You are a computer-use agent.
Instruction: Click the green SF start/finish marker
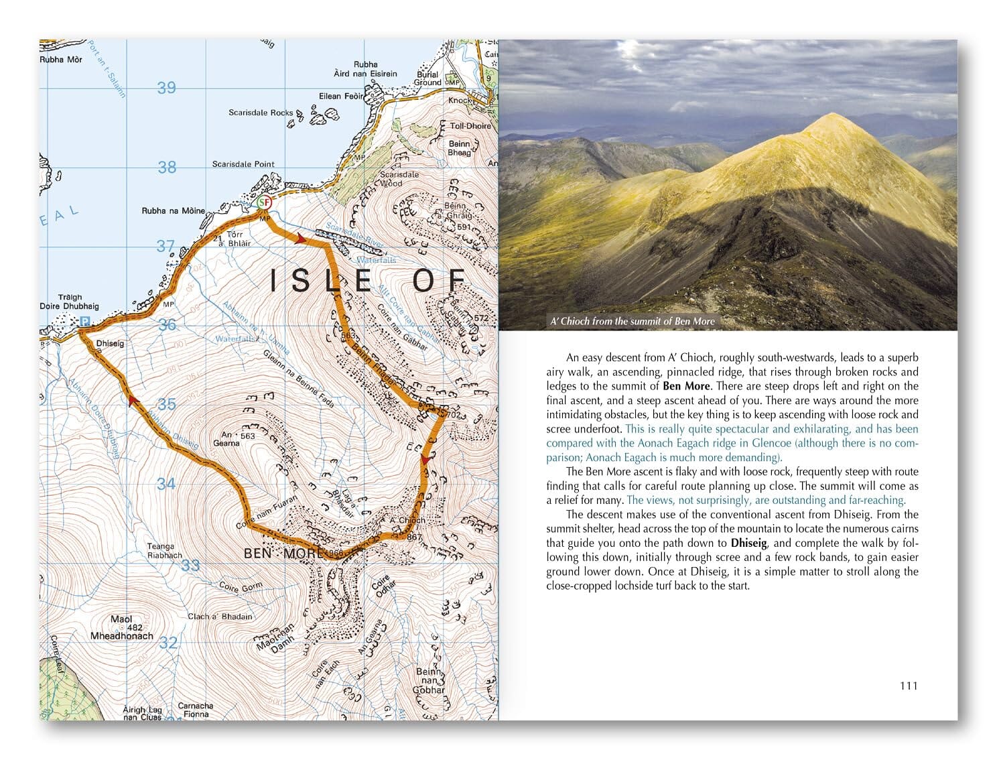tap(265, 202)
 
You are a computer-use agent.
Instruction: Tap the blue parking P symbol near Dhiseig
tap(84, 322)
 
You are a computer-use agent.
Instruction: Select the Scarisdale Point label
tap(243, 164)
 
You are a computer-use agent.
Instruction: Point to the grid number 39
tap(166, 88)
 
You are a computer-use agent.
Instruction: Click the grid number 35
tap(166, 404)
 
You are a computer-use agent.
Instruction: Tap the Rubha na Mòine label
tap(173, 211)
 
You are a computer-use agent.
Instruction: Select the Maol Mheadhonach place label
tap(122, 628)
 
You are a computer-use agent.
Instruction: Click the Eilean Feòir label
tap(341, 97)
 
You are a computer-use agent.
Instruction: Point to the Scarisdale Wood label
tap(399, 179)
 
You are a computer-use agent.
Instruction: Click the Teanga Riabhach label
tap(164, 551)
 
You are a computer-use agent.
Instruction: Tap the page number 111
tap(908, 686)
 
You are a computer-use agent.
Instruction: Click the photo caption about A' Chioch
tap(632, 321)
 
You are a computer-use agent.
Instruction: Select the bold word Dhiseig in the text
tap(748, 544)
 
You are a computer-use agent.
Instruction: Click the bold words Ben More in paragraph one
tap(686, 386)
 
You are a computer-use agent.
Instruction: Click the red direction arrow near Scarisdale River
tap(301, 239)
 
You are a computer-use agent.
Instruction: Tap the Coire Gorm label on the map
tap(241, 587)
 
